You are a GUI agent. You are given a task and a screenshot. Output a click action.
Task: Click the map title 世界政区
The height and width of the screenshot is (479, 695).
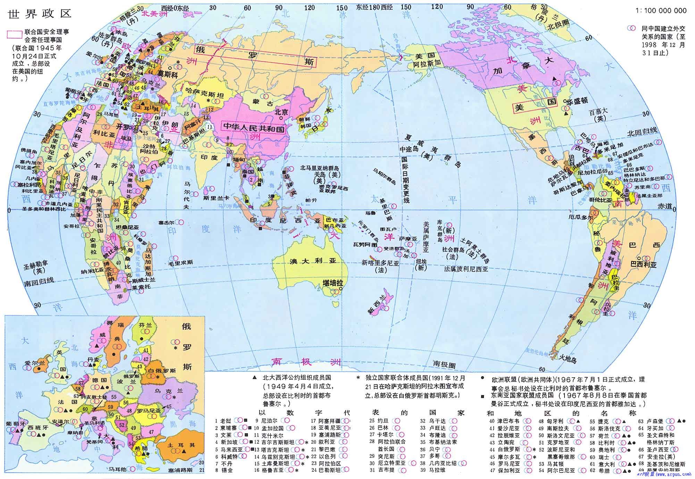click(39, 14)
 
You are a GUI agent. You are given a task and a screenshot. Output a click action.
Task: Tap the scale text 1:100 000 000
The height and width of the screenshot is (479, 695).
click(661, 11)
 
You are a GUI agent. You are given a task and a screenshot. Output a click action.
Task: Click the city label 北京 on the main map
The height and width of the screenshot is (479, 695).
click(281, 112)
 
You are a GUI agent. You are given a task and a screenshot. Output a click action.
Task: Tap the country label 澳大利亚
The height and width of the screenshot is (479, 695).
click(313, 261)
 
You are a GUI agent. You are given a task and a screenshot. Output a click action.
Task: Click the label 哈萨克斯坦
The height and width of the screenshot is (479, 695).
click(205, 94)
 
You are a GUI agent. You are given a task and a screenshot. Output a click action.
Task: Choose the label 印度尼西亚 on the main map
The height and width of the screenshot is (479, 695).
click(285, 220)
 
